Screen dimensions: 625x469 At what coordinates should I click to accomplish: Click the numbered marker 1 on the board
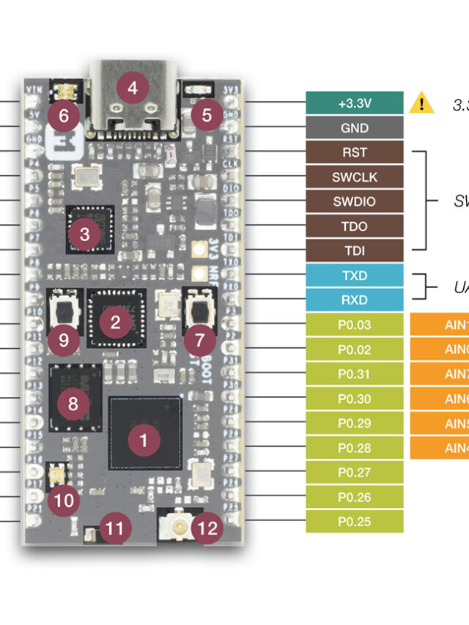tap(144, 440)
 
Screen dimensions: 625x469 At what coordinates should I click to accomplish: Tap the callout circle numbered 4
tap(133, 89)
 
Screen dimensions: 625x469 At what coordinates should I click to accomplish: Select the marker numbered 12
tap(208, 528)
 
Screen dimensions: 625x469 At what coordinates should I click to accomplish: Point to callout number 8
tap(73, 402)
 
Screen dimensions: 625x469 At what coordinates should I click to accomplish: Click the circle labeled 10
tap(65, 500)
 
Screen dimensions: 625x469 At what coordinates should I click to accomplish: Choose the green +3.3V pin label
tap(355, 103)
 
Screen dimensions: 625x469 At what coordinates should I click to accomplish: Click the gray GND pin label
tap(355, 127)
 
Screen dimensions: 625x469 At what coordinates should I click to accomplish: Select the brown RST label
tap(355, 152)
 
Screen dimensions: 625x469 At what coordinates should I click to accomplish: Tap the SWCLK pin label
tap(355, 177)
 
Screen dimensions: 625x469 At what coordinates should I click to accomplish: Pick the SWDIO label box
tap(355, 201)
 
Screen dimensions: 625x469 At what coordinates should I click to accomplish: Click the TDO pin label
tap(355, 226)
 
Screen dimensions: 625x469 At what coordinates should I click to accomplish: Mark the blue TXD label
tap(355, 275)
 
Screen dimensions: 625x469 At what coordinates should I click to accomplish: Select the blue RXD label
tap(355, 300)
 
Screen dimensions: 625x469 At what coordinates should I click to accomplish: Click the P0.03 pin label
tap(355, 325)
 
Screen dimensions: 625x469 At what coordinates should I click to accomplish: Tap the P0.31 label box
tap(355, 374)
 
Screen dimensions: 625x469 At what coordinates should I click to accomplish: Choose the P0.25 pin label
tap(355, 522)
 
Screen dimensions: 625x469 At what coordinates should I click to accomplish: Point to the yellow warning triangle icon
tap(421, 103)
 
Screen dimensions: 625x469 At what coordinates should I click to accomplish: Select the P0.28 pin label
tap(355, 448)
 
